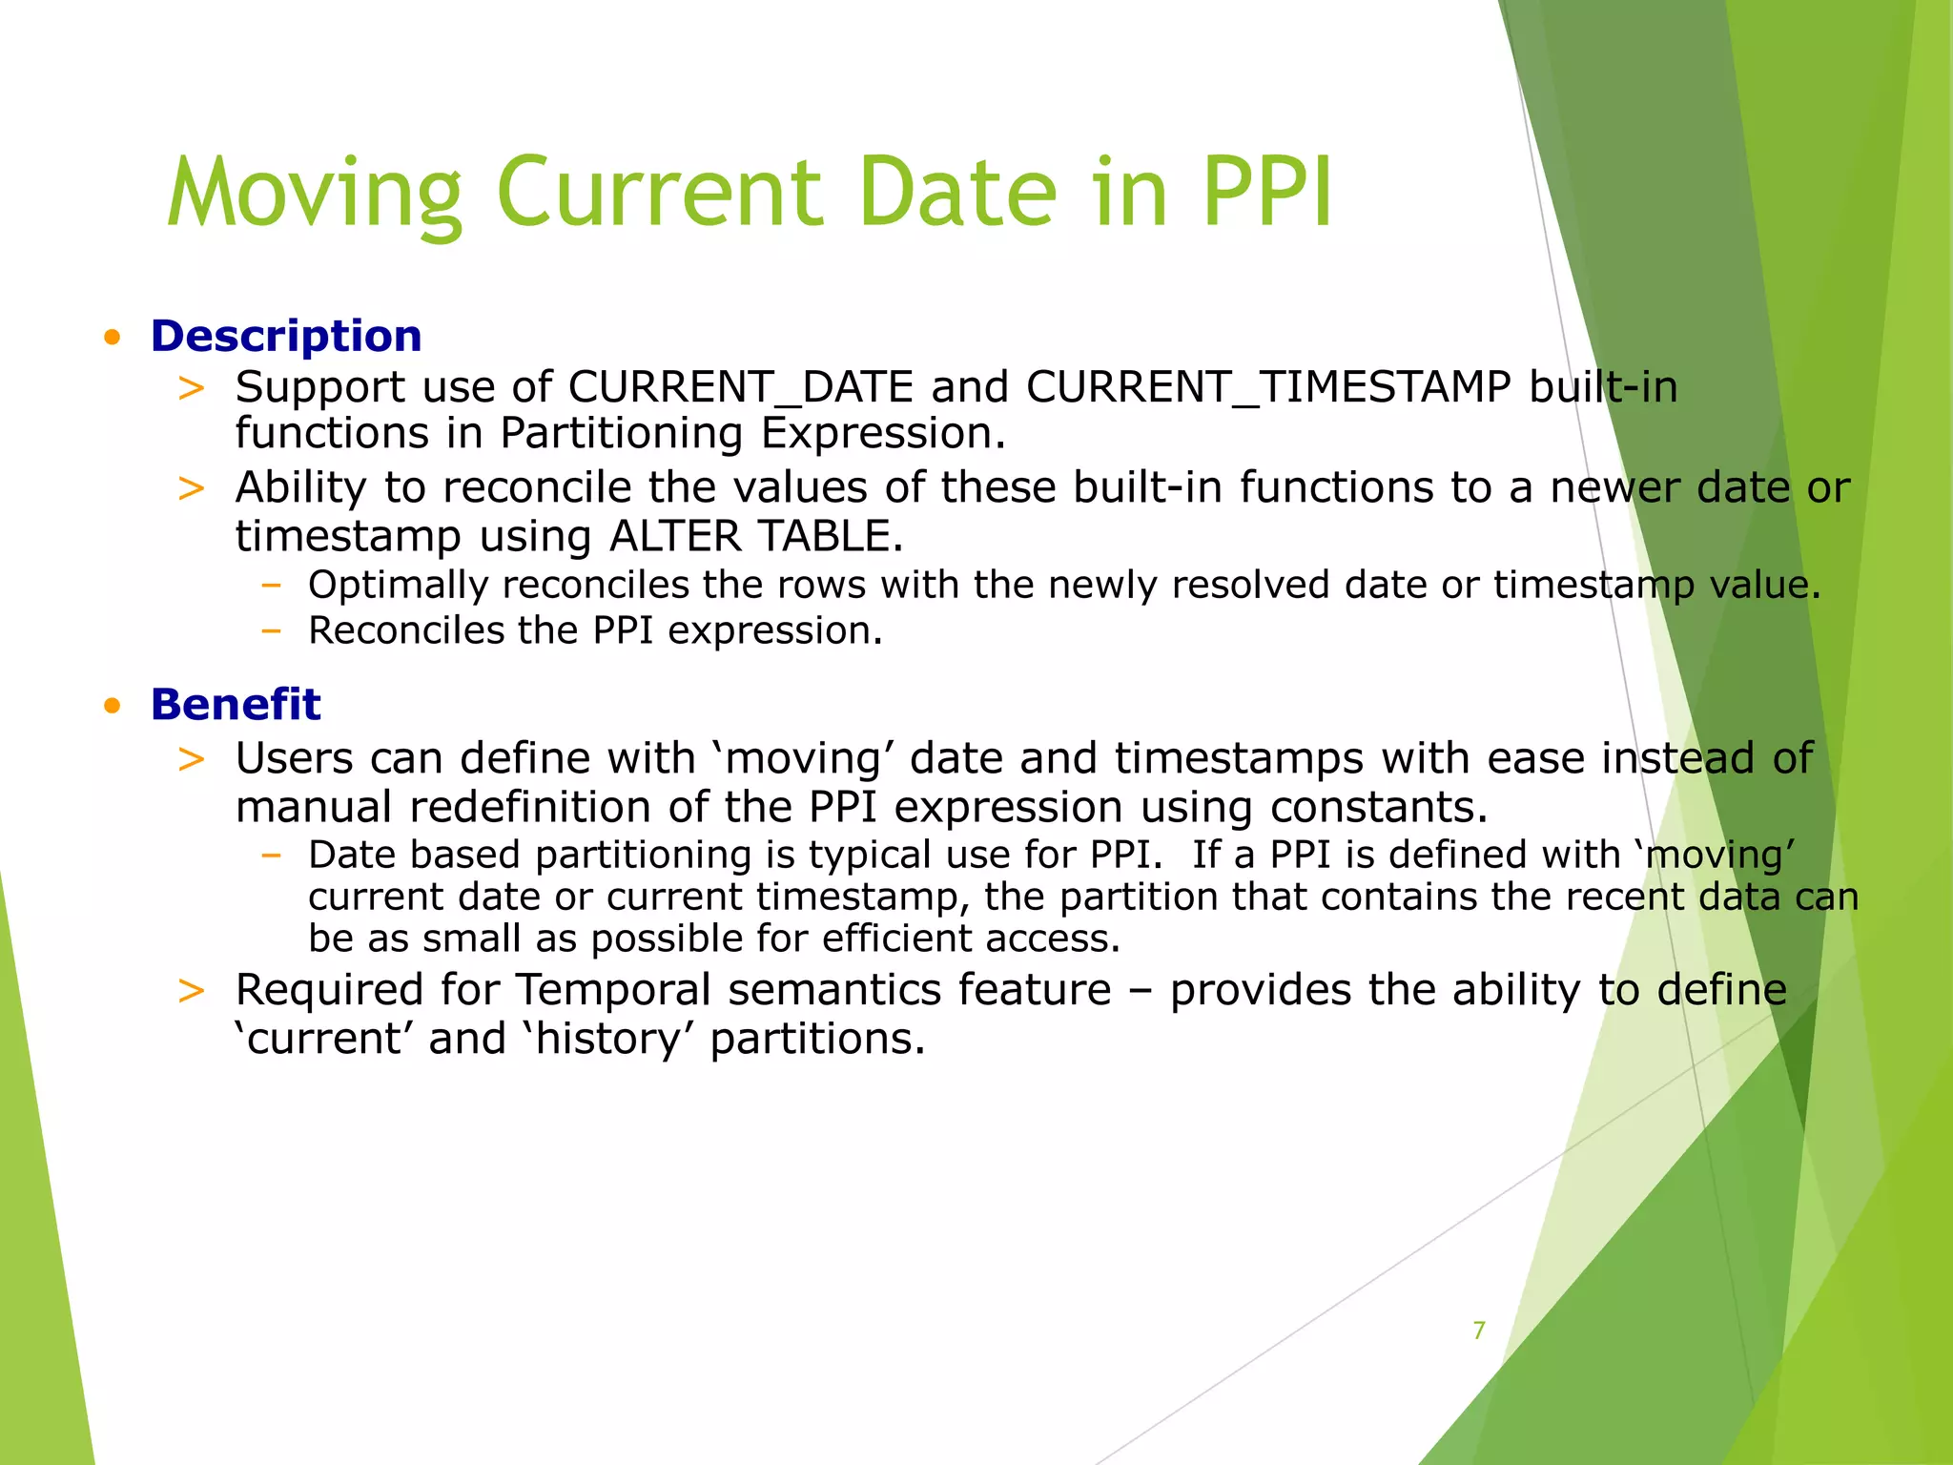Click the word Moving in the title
click(x=315, y=195)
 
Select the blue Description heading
click(x=285, y=337)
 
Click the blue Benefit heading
click(x=235, y=705)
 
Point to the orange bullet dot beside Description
click(x=113, y=337)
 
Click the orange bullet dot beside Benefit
click(x=113, y=706)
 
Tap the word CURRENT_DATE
click(x=741, y=388)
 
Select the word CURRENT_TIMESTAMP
click(x=1268, y=388)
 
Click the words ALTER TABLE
click(x=755, y=536)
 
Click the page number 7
click(x=1479, y=1331)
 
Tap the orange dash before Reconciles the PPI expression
click(x=271, y=631)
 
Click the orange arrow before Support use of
click(x=192, y=388)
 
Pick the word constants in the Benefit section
click(x=1378, y=807)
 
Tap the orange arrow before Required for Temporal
click(x=192, y=991)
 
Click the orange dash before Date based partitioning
click(x=271, y=855)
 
